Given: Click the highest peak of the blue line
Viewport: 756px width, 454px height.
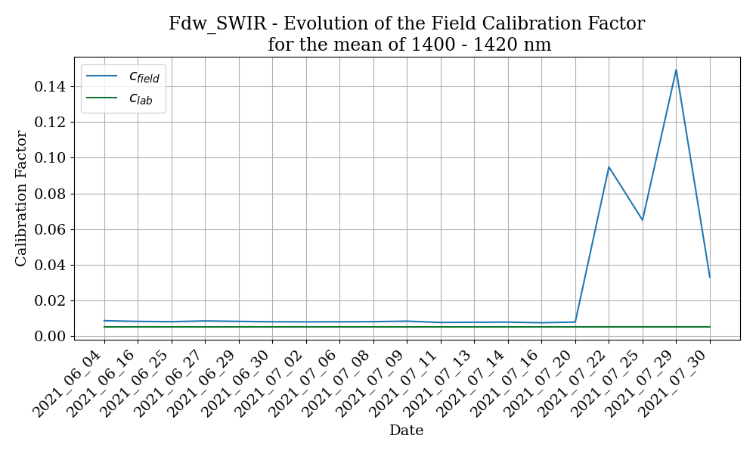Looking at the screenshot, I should coord(676,70).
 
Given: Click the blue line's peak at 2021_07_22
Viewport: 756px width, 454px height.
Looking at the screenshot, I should coord(609,166).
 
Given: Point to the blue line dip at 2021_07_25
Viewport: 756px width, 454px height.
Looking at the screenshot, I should coord(643,219).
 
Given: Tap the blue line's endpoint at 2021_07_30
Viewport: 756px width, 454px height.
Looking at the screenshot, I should coord(709,277).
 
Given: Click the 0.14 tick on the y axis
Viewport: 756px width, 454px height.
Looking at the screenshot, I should coord(50,87).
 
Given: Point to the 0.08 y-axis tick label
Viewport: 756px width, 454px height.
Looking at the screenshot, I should coord(50,194).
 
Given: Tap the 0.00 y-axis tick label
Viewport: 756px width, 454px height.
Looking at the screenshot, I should coord(50,336).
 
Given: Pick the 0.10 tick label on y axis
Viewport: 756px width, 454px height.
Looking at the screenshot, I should coord(50,158).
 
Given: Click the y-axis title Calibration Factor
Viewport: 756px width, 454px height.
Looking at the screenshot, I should coord(21,198).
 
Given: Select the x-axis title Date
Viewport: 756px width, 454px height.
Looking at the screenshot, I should coord(406,431).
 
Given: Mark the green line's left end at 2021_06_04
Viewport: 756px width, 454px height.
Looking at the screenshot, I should coord(104,327).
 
